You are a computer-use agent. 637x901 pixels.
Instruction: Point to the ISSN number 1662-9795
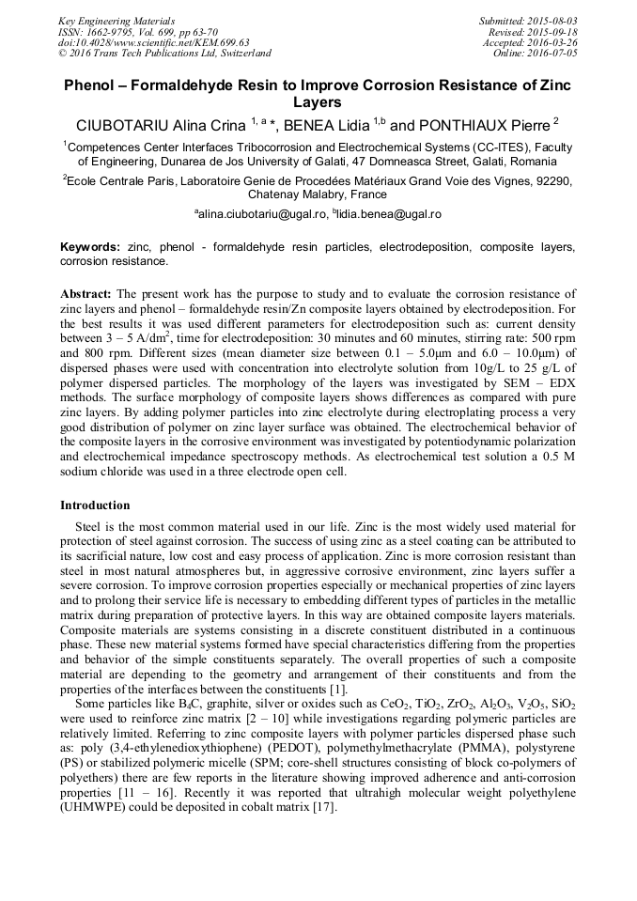[x=117, y=32]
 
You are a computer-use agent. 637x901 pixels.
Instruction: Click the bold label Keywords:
[x=90, y=247]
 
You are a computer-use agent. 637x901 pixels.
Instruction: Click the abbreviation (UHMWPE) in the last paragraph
[x=98, y=808]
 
